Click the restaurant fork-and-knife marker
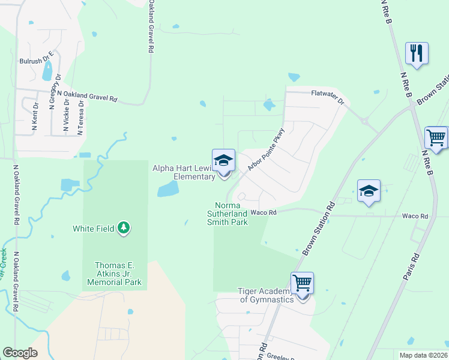point(417,53)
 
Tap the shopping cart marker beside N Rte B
point(436,137)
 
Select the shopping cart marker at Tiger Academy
point(303,283)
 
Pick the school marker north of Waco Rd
point(369,191)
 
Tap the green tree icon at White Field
point(124,228)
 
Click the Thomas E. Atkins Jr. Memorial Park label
point(118,274)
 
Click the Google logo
point(20,353)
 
